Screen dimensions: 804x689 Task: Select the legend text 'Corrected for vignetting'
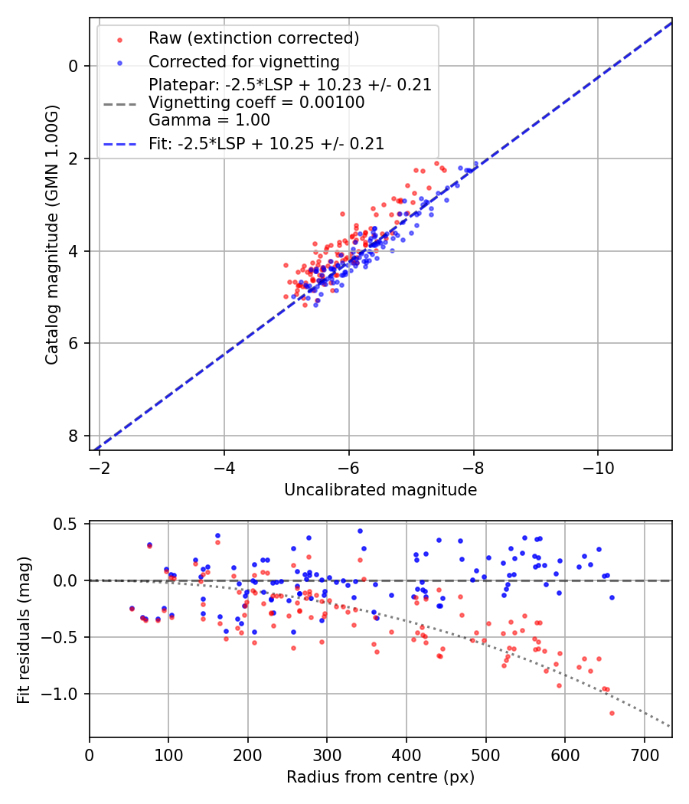tap(243, 61)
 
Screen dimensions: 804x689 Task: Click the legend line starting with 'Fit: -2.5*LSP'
tap(266, 143)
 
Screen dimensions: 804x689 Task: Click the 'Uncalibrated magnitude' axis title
tap(380, 490)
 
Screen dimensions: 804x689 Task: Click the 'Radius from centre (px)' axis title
tap(380, 777)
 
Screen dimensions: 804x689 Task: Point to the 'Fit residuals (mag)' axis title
tap(24, 629)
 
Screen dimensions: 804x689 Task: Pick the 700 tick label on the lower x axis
tap(644, 753)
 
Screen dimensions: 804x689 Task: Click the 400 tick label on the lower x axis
tap(407, 753)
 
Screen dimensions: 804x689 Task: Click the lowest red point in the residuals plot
tap(612, 713)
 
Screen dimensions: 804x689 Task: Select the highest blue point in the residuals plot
tap(360, 531)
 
